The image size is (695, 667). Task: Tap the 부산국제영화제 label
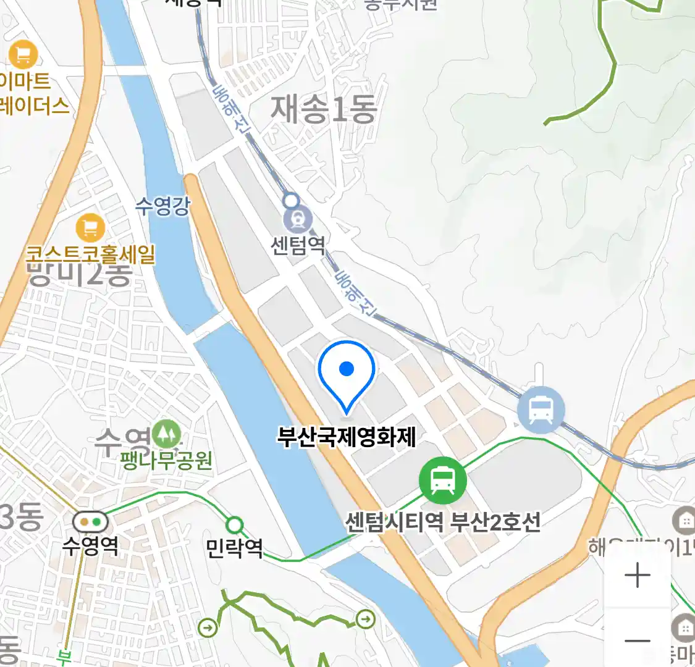(347, 437)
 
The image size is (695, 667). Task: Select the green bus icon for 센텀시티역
(442, 479)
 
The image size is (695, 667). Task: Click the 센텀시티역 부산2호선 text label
(442, 522)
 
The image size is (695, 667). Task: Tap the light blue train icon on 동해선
(541, 409)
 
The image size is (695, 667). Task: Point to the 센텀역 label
(298, 245)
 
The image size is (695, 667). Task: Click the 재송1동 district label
(323, 109)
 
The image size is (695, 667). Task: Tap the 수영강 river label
(162, 206)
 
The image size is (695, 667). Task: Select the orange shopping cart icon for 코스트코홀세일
(90, 228)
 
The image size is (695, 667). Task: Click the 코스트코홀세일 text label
(90, 254)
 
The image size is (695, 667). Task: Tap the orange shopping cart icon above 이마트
(23, 54)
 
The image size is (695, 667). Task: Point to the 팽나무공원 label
(167, 460)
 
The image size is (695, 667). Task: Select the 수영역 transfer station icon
(90, 522)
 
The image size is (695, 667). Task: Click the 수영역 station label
(90, 545)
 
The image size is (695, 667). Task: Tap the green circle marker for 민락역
(234, 526)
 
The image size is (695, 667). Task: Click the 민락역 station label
(234, 548)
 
